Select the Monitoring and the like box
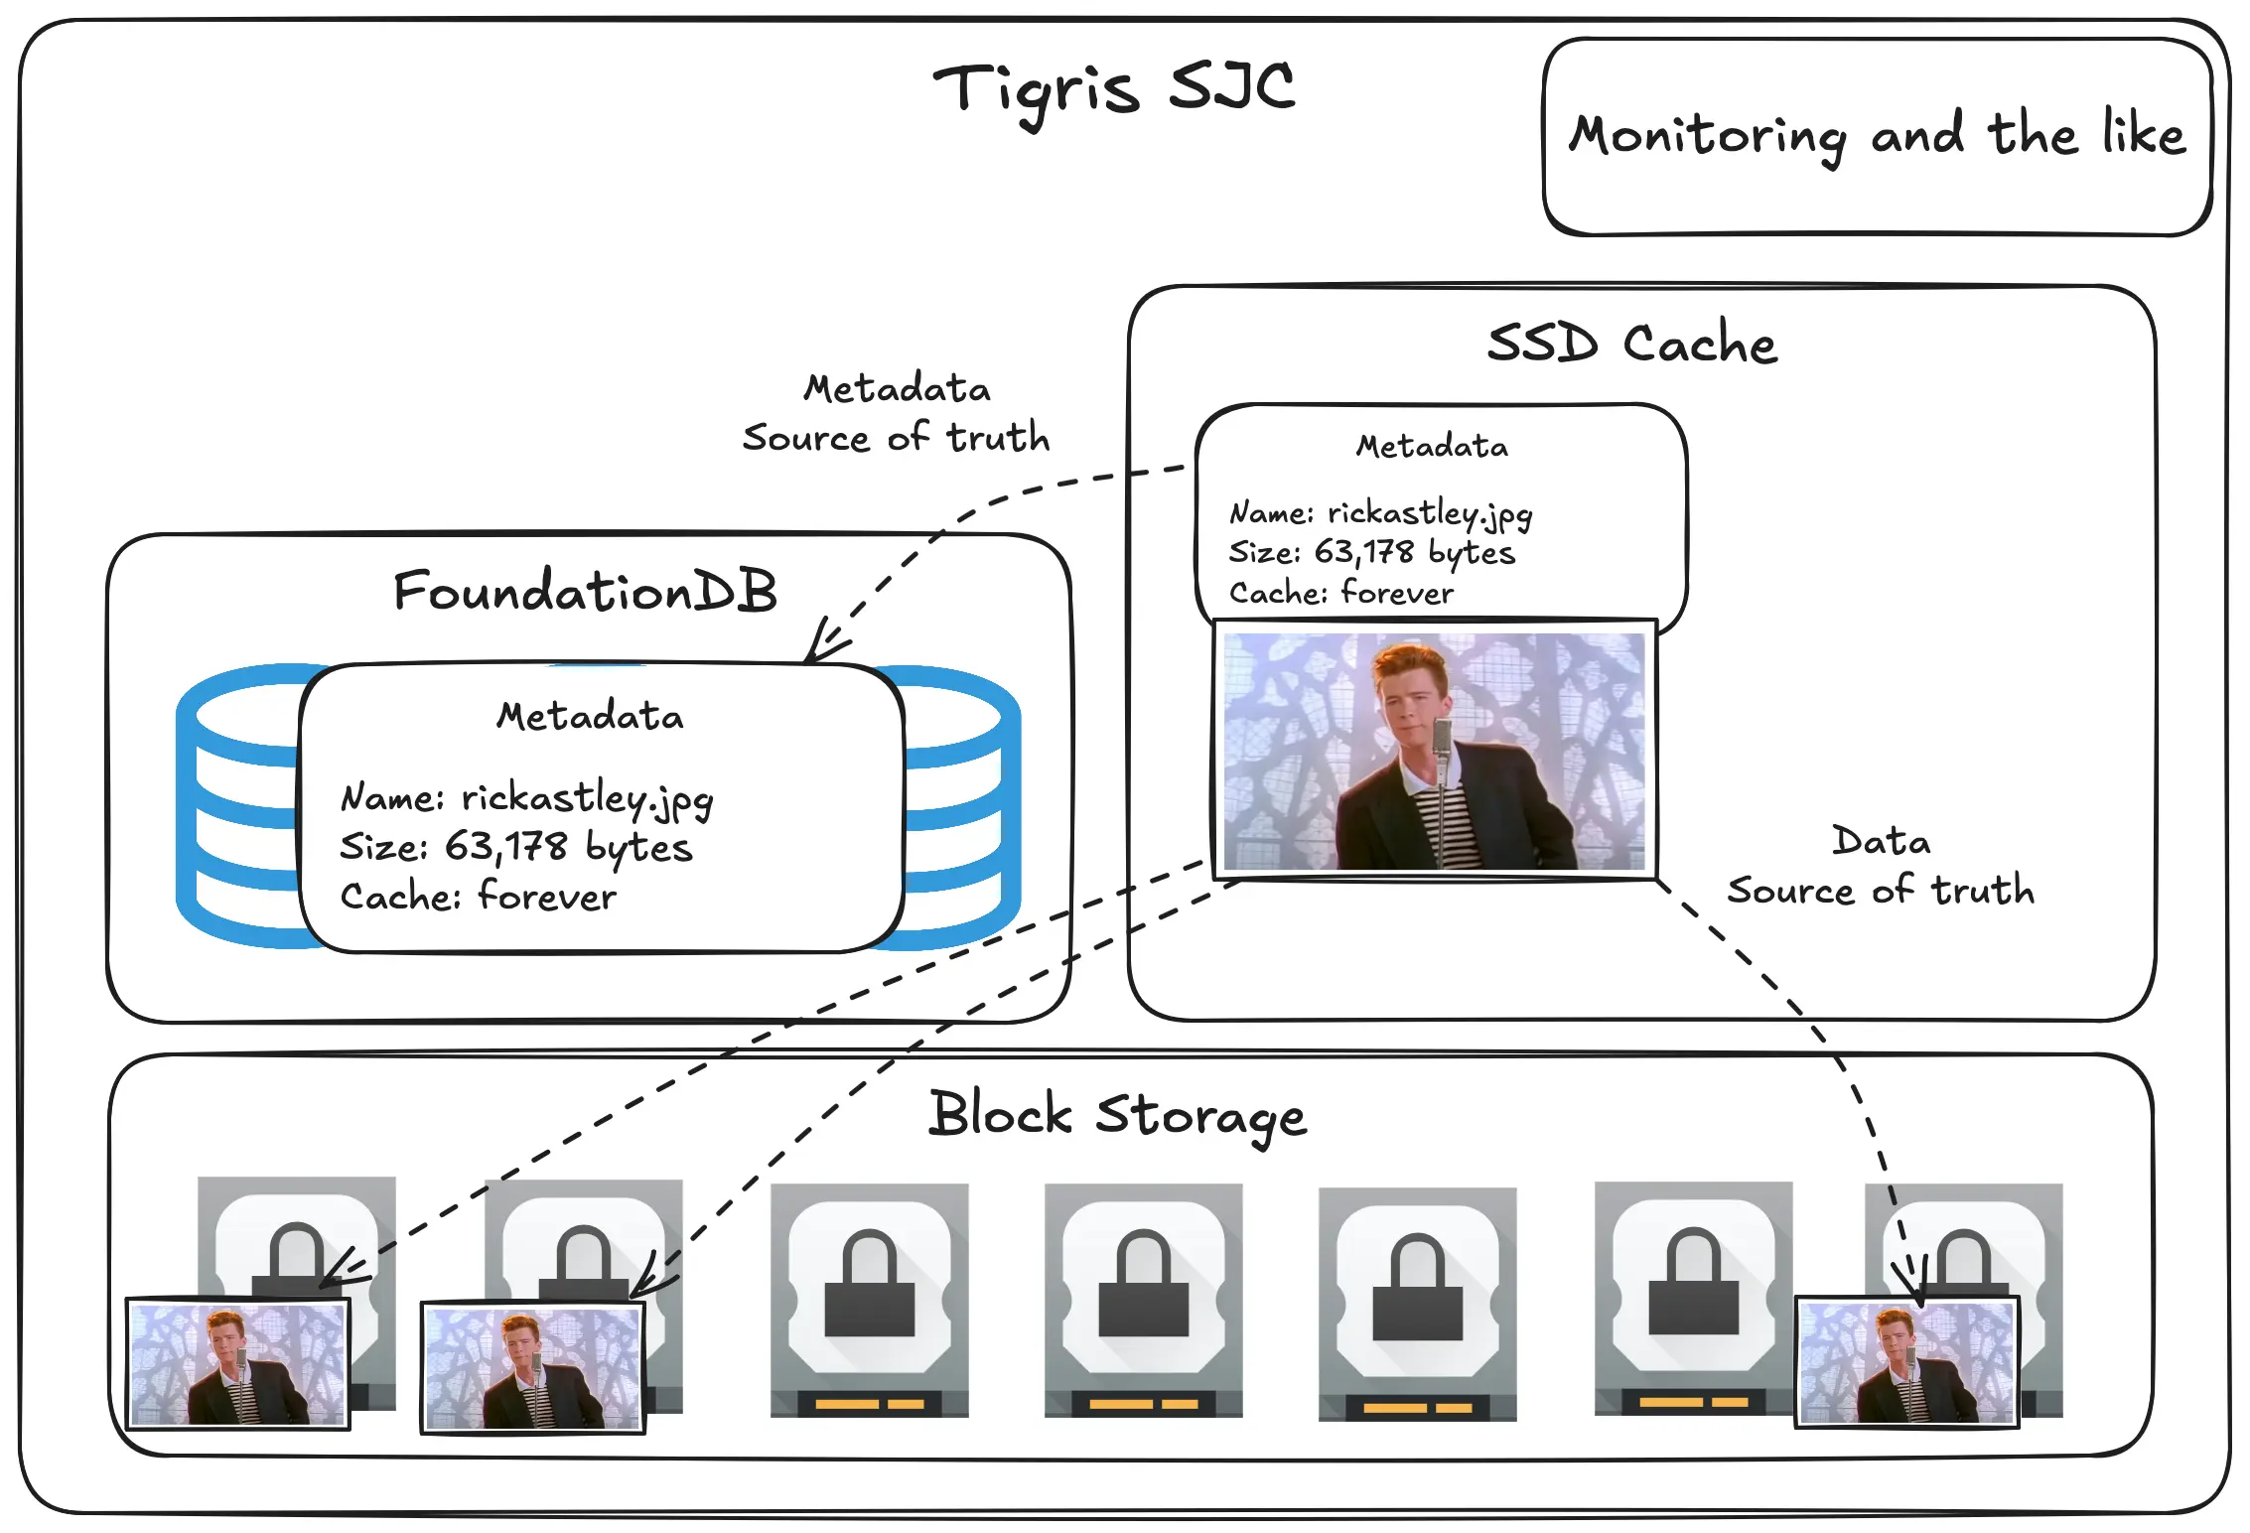coord(1878,137)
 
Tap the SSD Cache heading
coord(1631,344)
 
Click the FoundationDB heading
coord(585,591)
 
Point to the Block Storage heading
coord(1118,1116)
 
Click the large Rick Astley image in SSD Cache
coord(1435,750)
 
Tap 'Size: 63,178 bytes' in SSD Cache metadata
coord(1372,553)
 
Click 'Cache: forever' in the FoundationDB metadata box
coord(479,896)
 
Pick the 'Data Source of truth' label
coord(1881,866)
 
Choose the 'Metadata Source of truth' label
coord(897,413)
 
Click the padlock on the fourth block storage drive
coord(1144,1283)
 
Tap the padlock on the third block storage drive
coord(870,1283)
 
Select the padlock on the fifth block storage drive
coord(1418,1287)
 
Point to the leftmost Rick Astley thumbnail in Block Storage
coord(238,1364)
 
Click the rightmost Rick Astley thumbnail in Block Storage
coord(1907,1362)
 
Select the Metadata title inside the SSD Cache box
coord(1432,447)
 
